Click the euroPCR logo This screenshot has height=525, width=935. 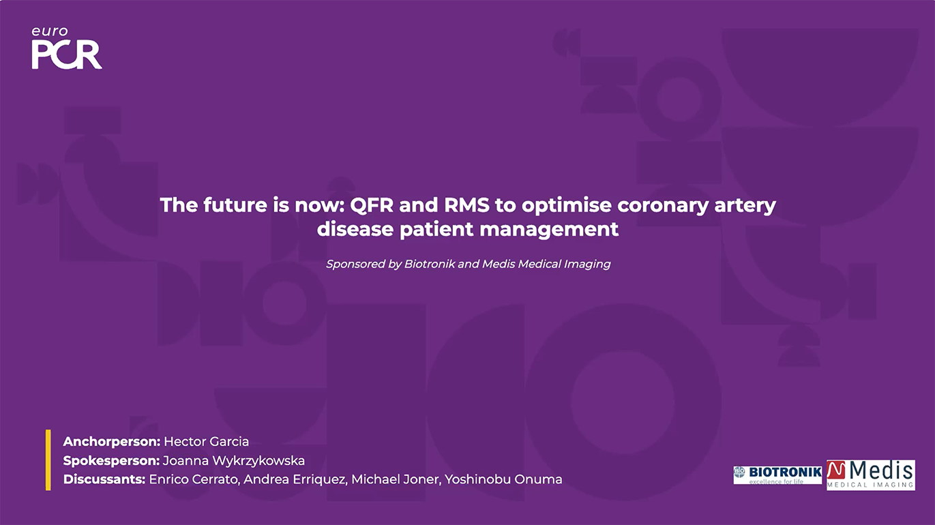66,48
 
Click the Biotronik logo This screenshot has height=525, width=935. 777,475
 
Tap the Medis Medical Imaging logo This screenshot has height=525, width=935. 870,475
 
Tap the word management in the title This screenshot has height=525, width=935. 549,229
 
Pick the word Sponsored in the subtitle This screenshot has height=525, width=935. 355,264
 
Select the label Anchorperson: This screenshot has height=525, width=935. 111,442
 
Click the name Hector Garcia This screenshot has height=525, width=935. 206,442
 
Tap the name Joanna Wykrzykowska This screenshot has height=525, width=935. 233,461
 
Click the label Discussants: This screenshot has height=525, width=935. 104,479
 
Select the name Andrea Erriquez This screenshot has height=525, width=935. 291,479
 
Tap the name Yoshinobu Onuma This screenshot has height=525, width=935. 503,479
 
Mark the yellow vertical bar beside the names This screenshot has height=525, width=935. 48,460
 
